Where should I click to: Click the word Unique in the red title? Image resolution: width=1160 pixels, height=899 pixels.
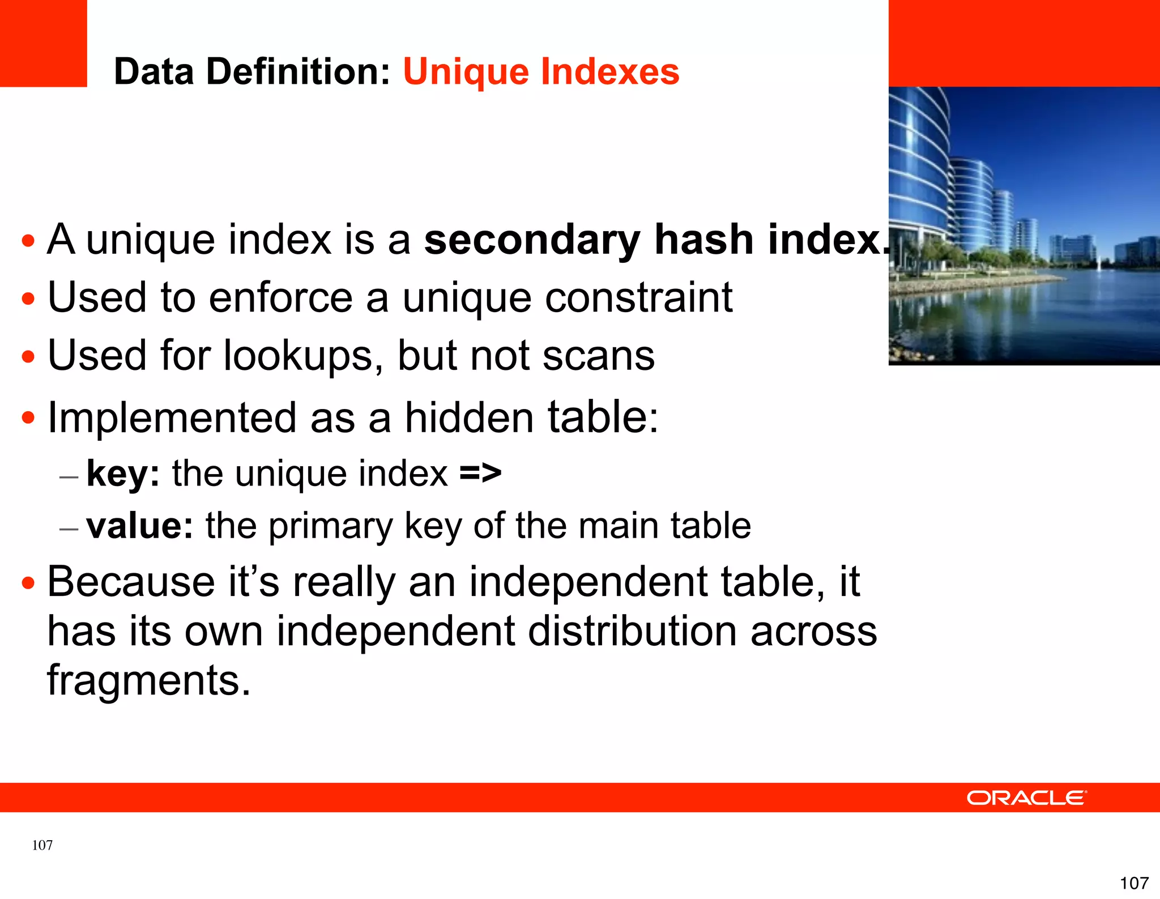(466, 73)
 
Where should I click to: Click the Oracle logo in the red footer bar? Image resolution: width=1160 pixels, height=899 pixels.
(1026, 798)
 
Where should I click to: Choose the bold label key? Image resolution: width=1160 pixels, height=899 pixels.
(123, 474)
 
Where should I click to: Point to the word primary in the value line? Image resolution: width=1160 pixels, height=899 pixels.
(330, 527)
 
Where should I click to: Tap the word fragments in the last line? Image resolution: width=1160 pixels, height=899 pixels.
(148, 680)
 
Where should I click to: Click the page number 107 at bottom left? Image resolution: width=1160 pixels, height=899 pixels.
(42, 845)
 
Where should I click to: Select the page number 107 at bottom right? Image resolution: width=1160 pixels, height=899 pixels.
(1134, 883)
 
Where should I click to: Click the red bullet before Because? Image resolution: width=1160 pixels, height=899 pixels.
(28, 583)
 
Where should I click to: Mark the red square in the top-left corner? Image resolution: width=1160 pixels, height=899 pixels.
(43, 43)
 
